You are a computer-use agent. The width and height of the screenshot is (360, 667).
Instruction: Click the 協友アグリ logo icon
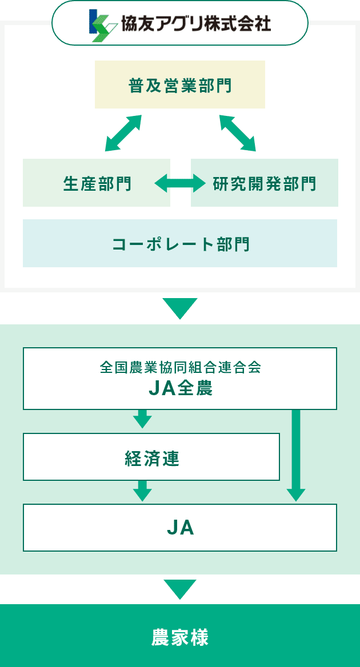pos(103,25)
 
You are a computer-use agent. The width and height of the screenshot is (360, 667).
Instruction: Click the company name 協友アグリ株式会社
pos(195,23)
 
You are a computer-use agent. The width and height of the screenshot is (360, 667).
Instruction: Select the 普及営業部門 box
pos(180,85)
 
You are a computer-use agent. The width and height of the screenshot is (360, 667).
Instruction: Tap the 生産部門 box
pos(97,183)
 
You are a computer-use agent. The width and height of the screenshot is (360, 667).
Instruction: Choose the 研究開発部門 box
pos(265,183)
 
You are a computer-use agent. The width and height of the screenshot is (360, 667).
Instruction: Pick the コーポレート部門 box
pos(180,243)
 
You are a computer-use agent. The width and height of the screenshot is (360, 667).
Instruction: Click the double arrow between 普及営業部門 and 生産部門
pos(123,133)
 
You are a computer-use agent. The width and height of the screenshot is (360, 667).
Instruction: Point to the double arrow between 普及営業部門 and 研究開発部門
pos(238,133)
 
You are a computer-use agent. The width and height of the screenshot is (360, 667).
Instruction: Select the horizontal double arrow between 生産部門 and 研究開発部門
pos(180,183)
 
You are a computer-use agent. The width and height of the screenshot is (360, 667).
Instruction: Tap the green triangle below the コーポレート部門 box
pos(180,308)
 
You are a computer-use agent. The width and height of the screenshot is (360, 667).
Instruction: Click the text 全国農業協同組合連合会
pos(180,367)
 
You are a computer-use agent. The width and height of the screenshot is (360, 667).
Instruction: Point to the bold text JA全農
pos(180,389)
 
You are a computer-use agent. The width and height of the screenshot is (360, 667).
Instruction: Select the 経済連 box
pos(151,457)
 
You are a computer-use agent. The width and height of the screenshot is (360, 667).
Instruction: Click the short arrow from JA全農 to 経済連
pos(142,419)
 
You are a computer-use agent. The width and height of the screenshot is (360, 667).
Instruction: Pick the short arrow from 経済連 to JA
pos(142,491)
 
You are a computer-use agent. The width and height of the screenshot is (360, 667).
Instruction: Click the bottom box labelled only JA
pos(180,528)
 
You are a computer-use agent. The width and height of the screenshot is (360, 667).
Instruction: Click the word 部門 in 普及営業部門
pos(215,85)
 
